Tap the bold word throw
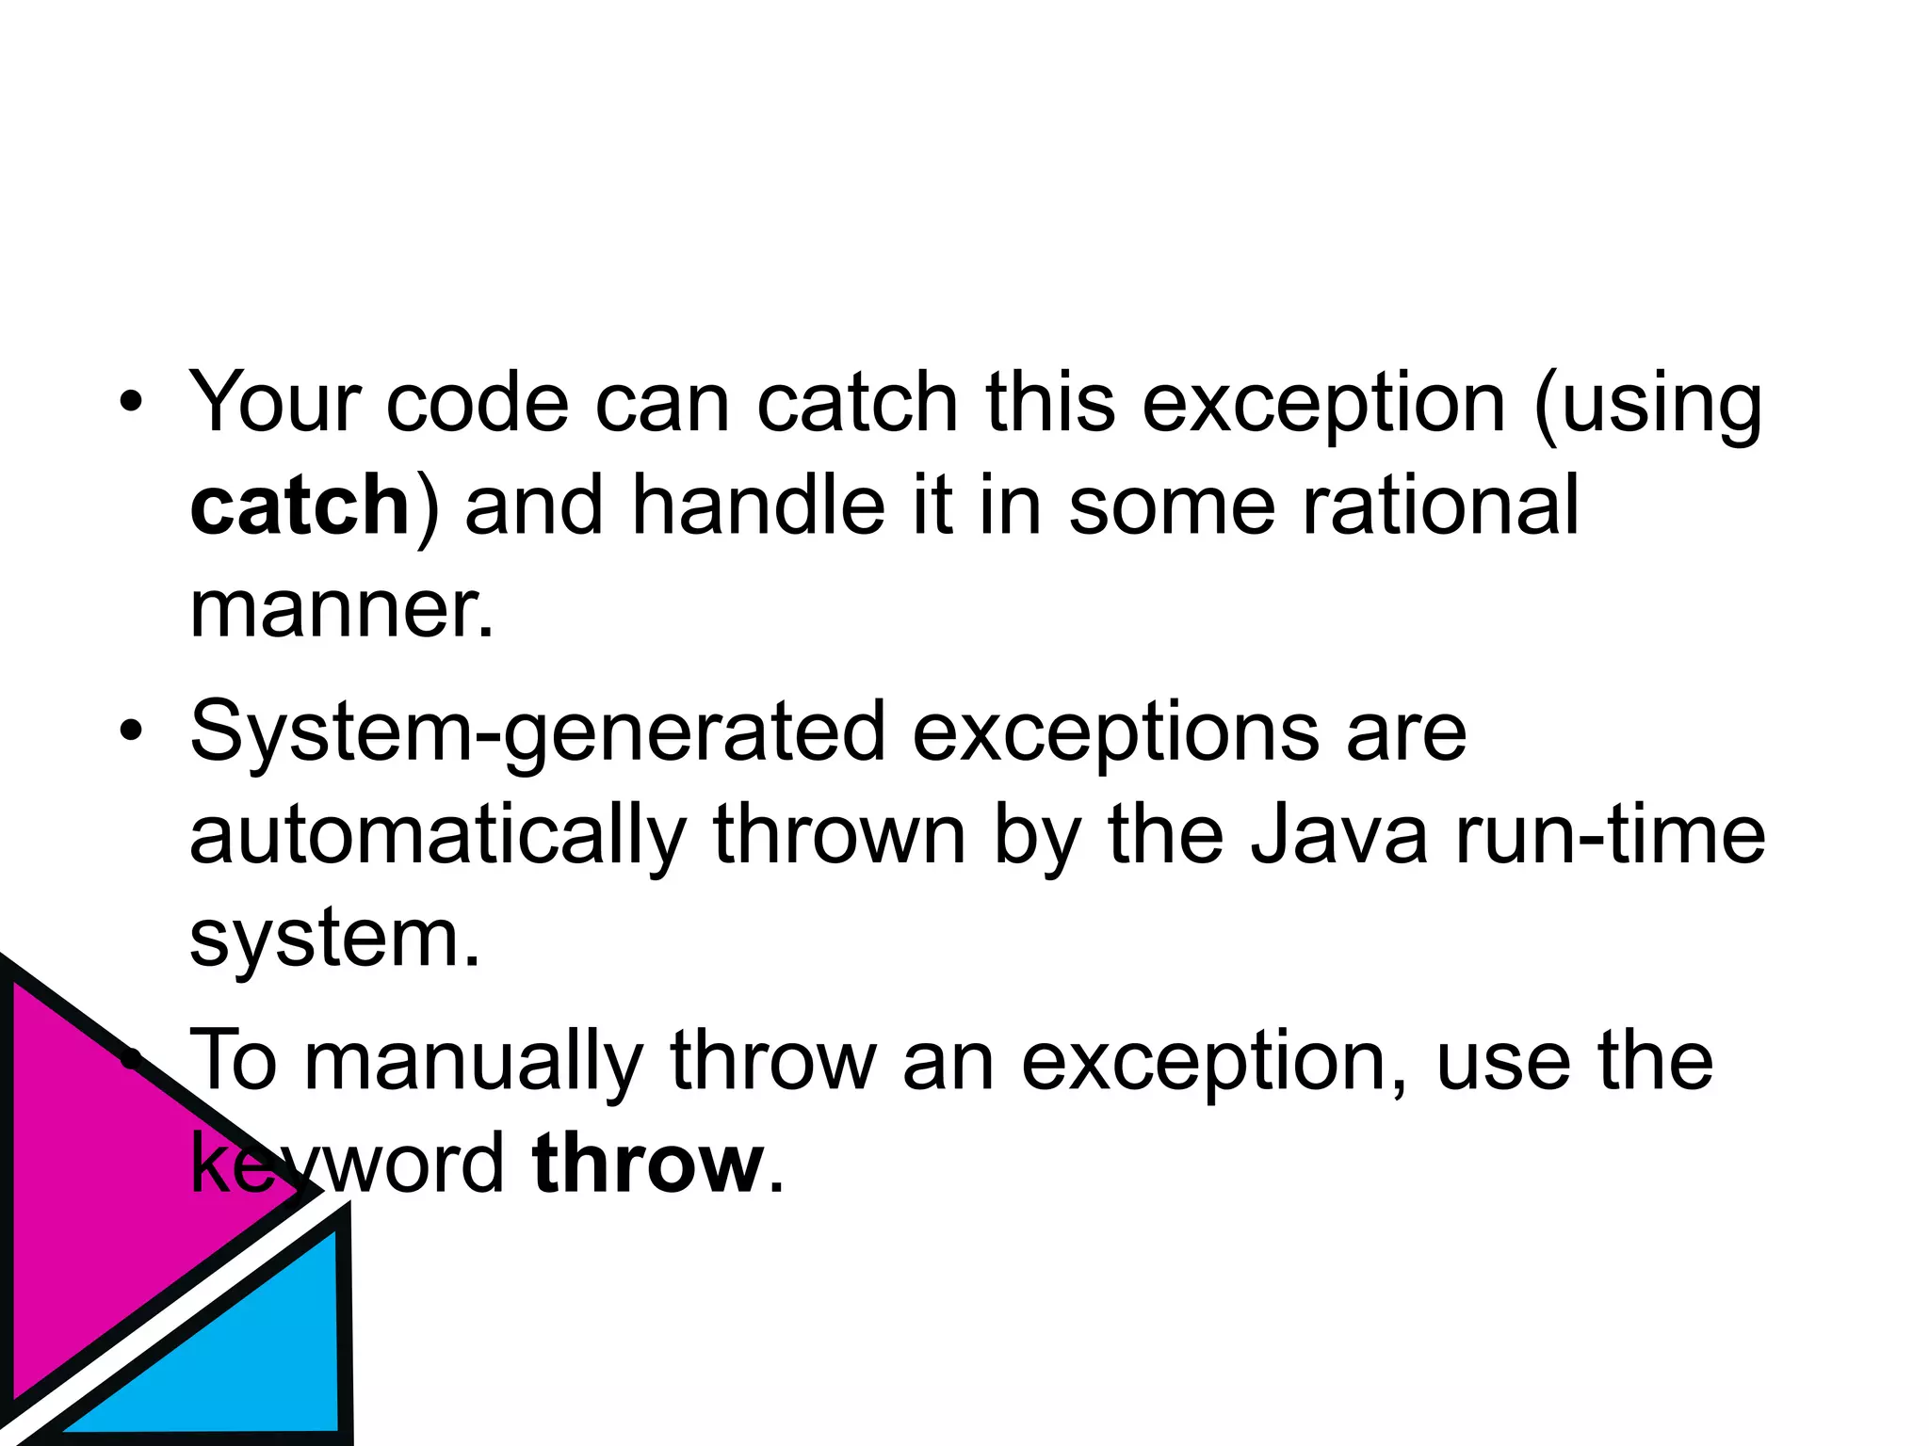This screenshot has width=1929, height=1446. point(648,1164)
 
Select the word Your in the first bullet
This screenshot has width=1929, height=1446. point(275,402)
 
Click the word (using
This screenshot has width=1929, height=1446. point(1647,405)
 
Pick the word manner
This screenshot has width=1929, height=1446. point(341,609)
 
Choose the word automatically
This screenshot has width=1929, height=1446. point(438,836)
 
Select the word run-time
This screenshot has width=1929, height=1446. point(1611,835)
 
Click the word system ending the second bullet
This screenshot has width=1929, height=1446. point(334,939)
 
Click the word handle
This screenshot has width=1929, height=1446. point(758,506)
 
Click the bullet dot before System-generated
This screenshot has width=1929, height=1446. point(131,731)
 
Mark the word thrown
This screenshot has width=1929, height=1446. point(839,835)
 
